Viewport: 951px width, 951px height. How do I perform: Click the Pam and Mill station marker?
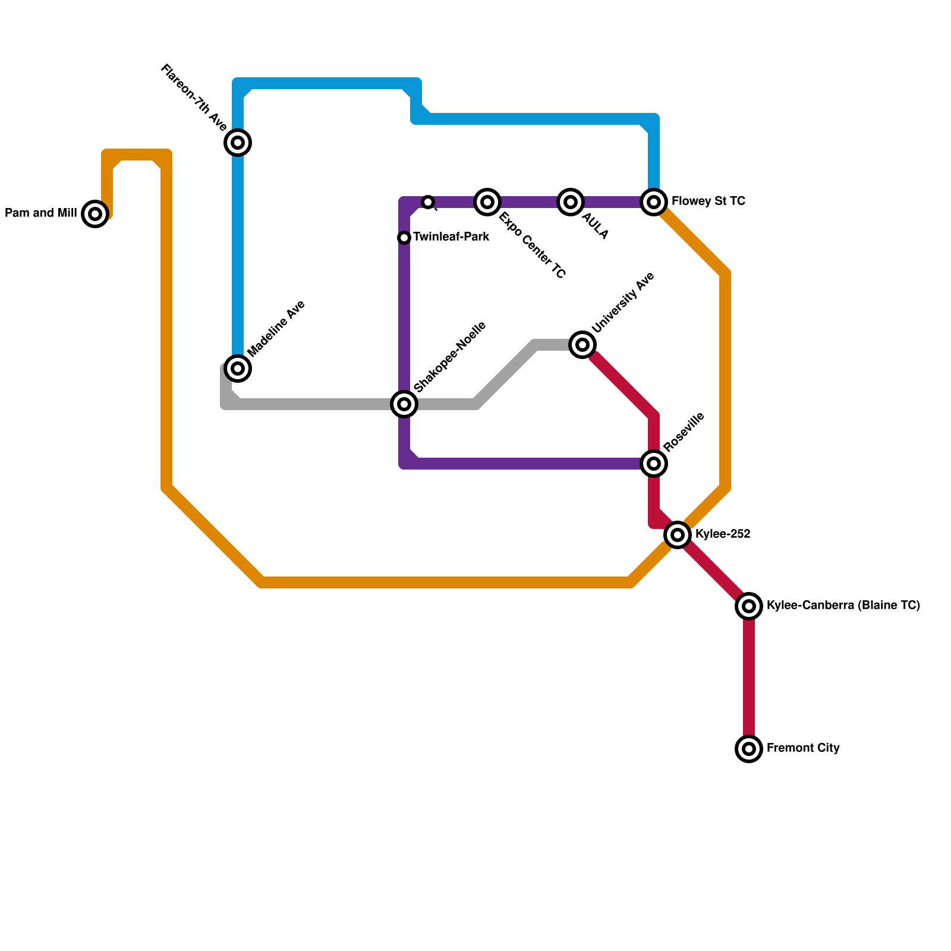pyautogui.click(x=95, y=214)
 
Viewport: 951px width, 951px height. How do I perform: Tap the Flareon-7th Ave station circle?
pyautogui.click(x=238, y=143)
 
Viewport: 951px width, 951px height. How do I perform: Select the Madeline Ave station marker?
pyautogui.click(x=238, y=369)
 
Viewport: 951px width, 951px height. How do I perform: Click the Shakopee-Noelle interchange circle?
pyautogui.click(x=404, y=404)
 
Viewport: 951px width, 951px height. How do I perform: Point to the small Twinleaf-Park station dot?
pyautogui.click(x=404, y=238)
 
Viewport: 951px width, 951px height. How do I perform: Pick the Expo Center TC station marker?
pyautogui.click(x=487, y=202)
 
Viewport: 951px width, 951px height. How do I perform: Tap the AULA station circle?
pyautogui.click(x=571, y=202)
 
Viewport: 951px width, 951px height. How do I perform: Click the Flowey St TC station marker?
pyautogui.click(x=654, y=202)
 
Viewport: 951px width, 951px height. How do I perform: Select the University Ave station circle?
pyautogui.click(x=582, y=345)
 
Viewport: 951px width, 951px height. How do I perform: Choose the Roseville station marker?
pyautogui.click(x=654, y=464)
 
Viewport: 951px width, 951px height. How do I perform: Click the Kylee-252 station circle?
pyautogui.click(x=678, y=535)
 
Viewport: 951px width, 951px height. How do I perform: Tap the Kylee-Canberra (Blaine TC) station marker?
pyautogui.click(x=749, y=606)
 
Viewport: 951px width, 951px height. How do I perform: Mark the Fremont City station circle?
pyautogui.click(x=749, y=749)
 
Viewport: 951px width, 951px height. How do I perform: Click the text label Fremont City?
pyautogui.click(x=802, y=748)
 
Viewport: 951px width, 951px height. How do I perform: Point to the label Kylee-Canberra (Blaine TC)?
pyautogui.click(x=843, y=606)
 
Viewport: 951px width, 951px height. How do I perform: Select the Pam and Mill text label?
pyautogui.click(x=41, y=213)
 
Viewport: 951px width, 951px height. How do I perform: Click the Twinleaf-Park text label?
pyautogui.click(x=451, y=237)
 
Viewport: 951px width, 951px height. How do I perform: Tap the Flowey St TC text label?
pyautogui.click(x=708, y=201)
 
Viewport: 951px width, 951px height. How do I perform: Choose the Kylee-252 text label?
pyautogui.click(x=723, y=534)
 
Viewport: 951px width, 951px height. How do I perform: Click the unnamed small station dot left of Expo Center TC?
pyautogui.click(x=428, y=202)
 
